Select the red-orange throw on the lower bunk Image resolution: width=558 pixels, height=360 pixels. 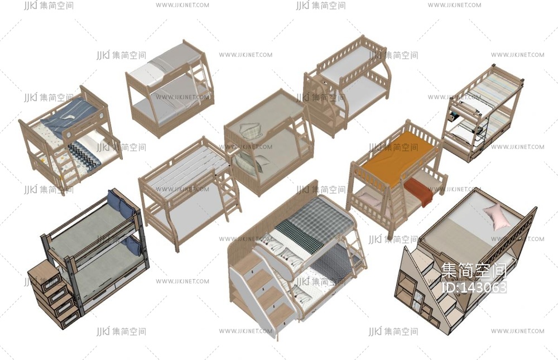pos(418,189)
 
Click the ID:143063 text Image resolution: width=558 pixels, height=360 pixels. pos(473,287)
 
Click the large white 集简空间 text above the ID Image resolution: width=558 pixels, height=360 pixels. pos(473,271)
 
